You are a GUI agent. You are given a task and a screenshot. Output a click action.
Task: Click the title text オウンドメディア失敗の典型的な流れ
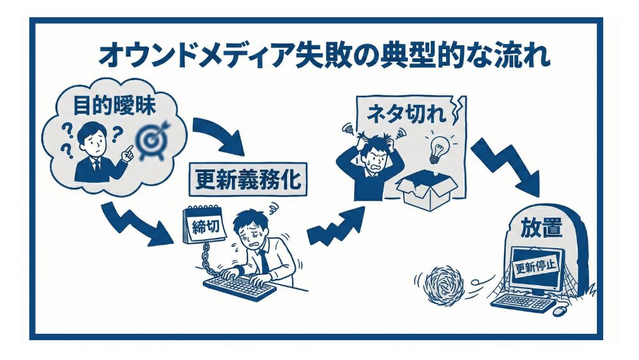pos(323,56)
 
